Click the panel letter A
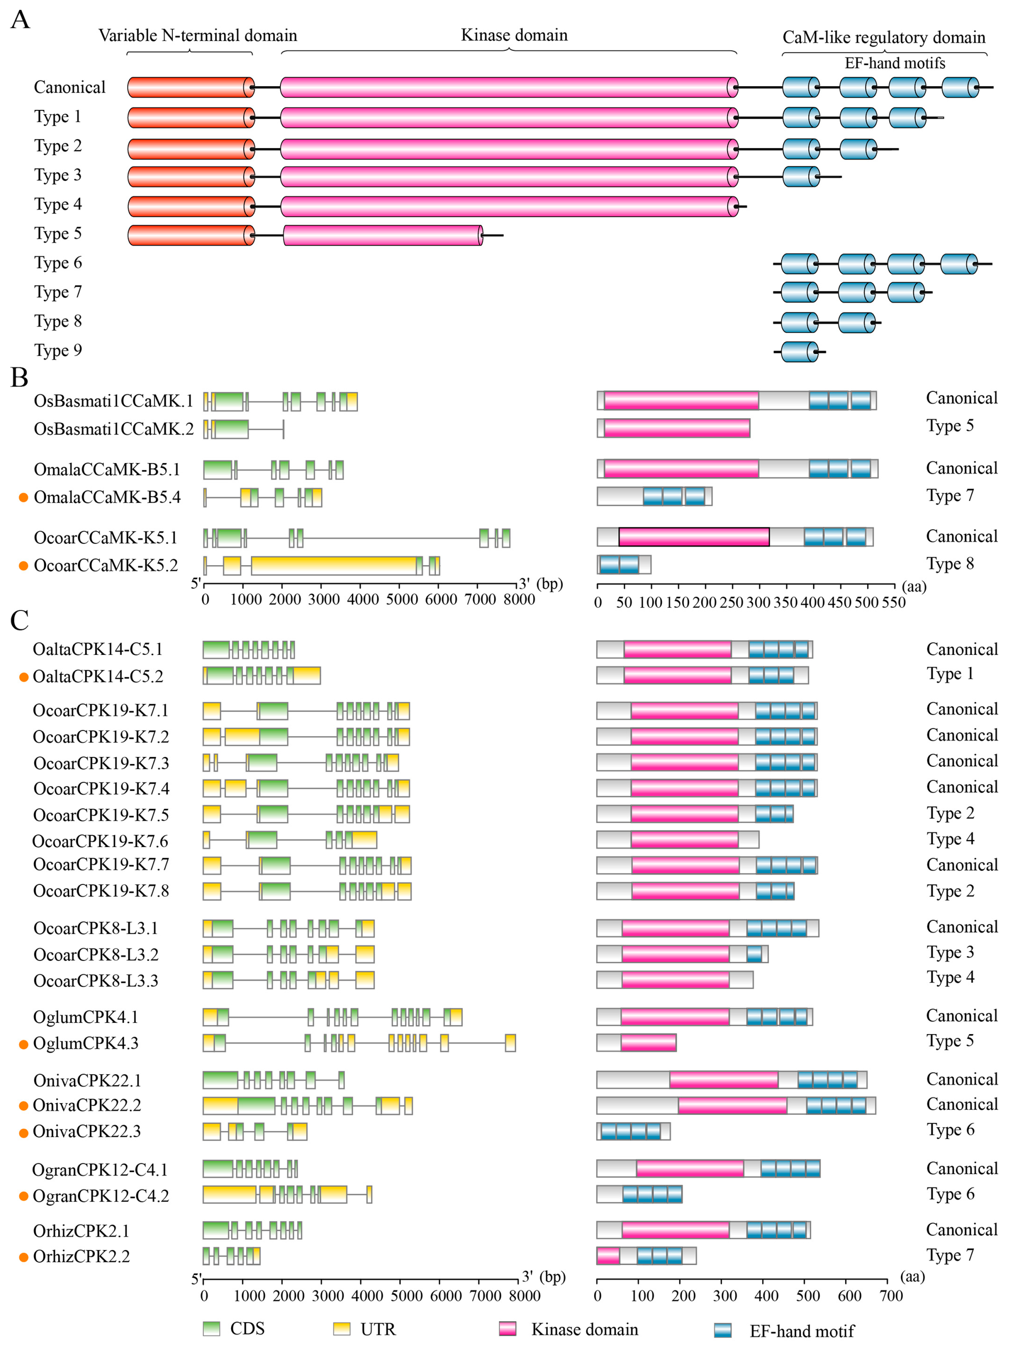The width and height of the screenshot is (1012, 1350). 20,20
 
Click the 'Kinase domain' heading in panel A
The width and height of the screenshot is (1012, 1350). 514,35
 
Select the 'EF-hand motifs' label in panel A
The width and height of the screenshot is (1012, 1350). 894,63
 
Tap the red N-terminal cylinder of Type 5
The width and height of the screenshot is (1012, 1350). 191,236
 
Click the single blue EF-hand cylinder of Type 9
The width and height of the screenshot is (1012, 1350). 799,352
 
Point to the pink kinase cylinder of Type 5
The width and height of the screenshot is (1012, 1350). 383,236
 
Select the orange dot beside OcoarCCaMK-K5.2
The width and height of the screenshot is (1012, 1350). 24,566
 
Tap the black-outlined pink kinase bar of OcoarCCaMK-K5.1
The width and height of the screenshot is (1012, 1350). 693,537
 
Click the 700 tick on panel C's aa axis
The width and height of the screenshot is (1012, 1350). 891,1295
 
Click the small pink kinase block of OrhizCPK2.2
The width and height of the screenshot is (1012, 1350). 608,1256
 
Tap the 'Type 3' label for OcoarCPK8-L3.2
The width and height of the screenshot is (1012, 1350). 950,953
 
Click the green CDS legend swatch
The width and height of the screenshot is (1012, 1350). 211,1329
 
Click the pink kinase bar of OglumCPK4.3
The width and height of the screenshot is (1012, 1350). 648,1043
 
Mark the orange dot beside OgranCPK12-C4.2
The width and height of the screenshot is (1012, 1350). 24,1196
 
